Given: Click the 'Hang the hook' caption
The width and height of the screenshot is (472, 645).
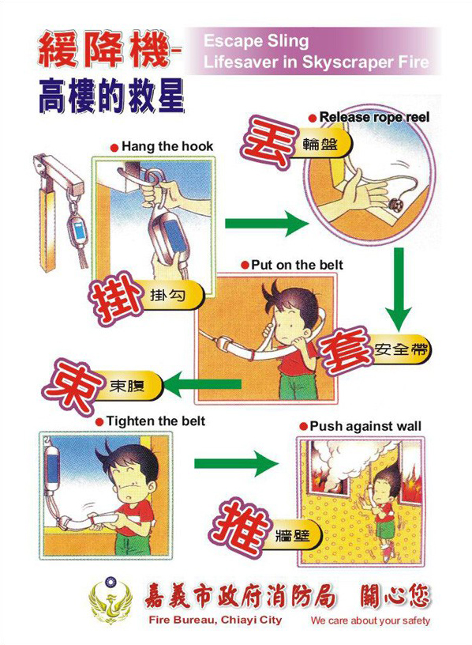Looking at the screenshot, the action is (x=167, y=146).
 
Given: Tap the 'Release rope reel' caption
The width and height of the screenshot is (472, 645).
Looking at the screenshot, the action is (x=374, y=117).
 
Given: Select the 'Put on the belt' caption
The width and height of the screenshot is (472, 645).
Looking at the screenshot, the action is (x=297, y=265).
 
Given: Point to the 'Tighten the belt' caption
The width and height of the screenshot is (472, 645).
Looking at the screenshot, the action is (x=155, y=421).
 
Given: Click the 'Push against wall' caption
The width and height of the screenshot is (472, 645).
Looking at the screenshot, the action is (x=365, y=426).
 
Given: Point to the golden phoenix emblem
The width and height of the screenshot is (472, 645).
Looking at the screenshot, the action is (x=111, y=602).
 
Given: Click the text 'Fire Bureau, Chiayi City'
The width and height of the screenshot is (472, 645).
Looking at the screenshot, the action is (x=215, y=620).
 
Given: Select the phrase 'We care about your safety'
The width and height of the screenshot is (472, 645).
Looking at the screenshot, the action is (x=370, y=620).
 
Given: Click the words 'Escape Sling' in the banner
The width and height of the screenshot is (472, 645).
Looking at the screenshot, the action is (x=256, y=41).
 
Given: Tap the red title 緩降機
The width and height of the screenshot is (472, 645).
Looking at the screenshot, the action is (x=104, y=51).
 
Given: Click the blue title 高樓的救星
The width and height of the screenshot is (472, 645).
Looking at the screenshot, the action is (x=111, y=97).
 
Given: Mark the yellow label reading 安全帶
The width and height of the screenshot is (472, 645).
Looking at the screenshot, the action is (x=401, y=350).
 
